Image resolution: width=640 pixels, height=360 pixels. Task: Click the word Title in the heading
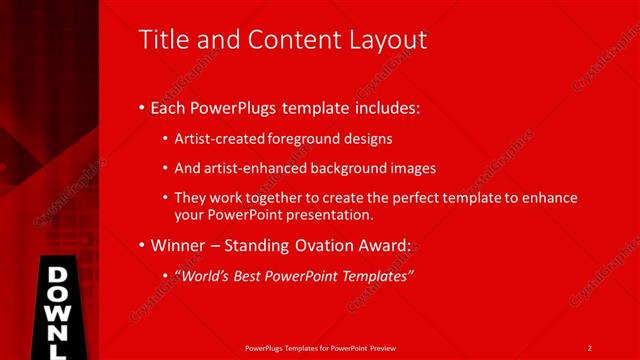[x=162, y=40]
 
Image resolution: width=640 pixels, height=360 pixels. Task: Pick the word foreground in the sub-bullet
[x=299, y=139]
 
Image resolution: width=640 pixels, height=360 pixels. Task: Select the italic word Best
[x=257, y=275]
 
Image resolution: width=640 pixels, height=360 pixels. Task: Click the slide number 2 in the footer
[x=590, y=348]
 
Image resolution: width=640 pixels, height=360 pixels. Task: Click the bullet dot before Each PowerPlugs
[x=141, y=107]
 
